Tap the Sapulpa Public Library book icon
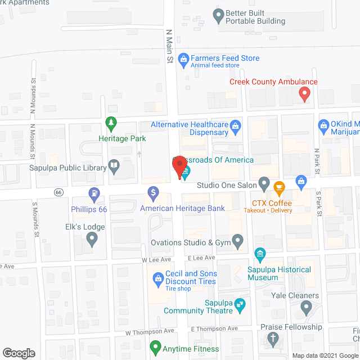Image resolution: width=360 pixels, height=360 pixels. (114, 167)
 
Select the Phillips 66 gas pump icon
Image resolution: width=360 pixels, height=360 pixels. (94, 195)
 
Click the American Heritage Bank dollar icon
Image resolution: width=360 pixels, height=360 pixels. (152, 193)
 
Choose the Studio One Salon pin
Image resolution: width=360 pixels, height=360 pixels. (264, 184)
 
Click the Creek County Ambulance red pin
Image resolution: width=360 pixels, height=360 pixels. (304, 93)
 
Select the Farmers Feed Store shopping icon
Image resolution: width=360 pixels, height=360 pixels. (183, 58)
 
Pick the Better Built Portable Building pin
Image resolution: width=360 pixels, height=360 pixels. (218, 16)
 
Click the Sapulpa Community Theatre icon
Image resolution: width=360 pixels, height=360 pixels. (240, 305)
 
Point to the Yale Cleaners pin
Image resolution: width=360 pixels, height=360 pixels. (306, 307)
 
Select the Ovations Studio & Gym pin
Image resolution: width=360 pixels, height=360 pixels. (238, 242)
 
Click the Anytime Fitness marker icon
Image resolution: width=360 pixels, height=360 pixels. (155, 349)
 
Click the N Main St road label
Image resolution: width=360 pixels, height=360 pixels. (168, 47)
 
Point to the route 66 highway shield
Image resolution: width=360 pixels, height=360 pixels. (58, 192)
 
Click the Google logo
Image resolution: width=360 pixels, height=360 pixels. (18, 353)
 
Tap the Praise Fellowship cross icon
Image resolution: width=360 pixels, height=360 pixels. (273, 339)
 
